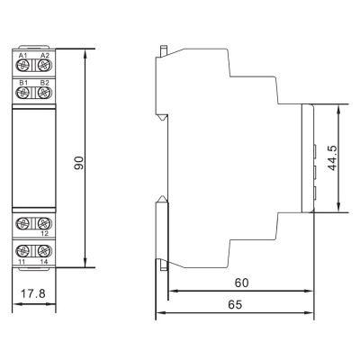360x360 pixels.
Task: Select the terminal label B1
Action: tap(22, 83)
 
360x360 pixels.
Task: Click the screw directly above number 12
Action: tap(42, 222)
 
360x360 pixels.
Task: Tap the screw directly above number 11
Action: tap(23, 249)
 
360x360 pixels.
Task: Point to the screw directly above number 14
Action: tap(42, 249)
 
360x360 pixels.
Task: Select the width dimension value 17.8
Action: tap(32, 293)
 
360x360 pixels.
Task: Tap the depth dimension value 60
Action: tap(240, 282)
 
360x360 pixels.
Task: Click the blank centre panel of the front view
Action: tap(32, 157)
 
